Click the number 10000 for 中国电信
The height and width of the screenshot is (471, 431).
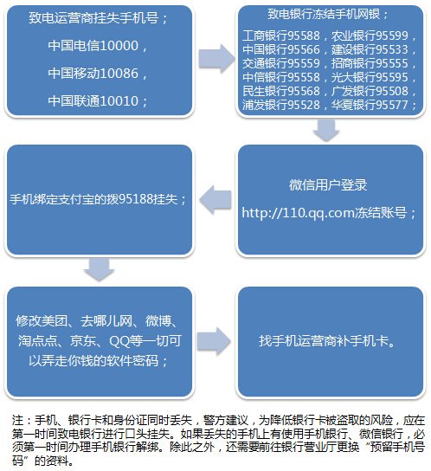(x=119, y=46)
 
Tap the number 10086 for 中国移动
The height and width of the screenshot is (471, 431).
(x=119, y=74)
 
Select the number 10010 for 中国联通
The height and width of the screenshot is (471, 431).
(x=119, y=101)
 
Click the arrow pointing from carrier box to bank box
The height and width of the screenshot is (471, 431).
(x=216, y=59)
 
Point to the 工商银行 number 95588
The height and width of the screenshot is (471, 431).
(x=304, y=35)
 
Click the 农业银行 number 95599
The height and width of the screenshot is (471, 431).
(x=392, y=35)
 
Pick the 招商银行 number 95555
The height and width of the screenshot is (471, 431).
(x=392, y=63)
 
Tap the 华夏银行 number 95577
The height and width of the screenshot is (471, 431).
(x=392, y=105)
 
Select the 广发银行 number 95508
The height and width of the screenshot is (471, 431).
(x=392, y=91)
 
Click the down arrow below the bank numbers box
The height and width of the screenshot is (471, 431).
(x=326, y=130)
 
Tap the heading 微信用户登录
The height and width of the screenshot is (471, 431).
(x=328, y=184)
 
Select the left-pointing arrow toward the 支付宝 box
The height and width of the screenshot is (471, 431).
(x=215, y=199)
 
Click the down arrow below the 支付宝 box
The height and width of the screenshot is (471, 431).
(x=100, y=270)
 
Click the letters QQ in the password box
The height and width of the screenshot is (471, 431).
(x=119, y=341)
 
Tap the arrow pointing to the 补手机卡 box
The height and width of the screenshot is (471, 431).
(x=214, y=341)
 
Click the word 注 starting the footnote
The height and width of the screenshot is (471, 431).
(x=17, y=420)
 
